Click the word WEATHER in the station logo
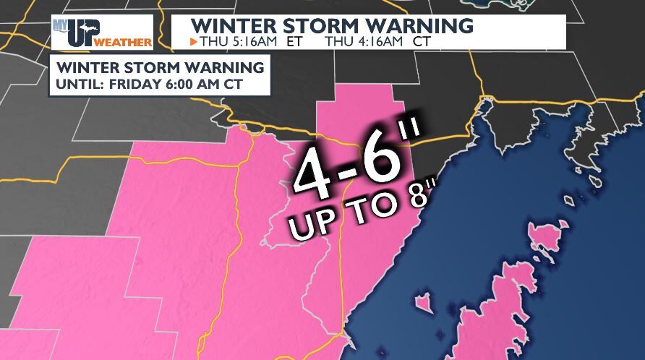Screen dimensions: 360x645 coord(131,43)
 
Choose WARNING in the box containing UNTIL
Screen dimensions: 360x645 coord(220,68)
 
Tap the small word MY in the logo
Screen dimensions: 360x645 coord(60,25)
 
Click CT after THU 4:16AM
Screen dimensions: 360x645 coord(422,42)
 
